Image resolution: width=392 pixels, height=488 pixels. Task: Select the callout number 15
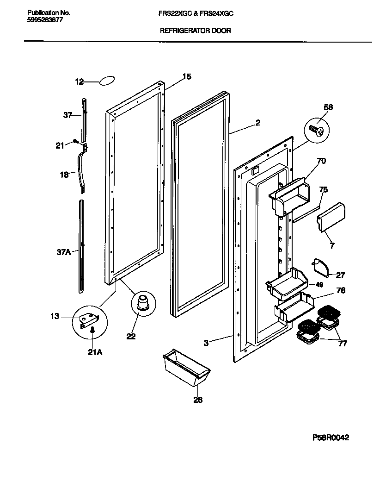(186, 76)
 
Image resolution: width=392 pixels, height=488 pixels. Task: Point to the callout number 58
(328, 107)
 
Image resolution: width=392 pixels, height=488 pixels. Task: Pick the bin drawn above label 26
(186, 368)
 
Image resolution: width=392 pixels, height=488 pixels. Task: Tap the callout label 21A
(94, 352)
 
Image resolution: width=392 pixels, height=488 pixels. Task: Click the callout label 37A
(64, 252)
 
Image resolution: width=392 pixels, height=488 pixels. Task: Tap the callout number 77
(343, 344)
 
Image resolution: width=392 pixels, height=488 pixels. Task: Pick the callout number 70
(321, 161)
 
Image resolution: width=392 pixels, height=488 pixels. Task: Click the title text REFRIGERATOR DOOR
(195, 31)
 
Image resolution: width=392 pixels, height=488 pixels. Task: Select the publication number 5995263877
(42, 20)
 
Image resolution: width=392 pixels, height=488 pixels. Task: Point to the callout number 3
(207, 343)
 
